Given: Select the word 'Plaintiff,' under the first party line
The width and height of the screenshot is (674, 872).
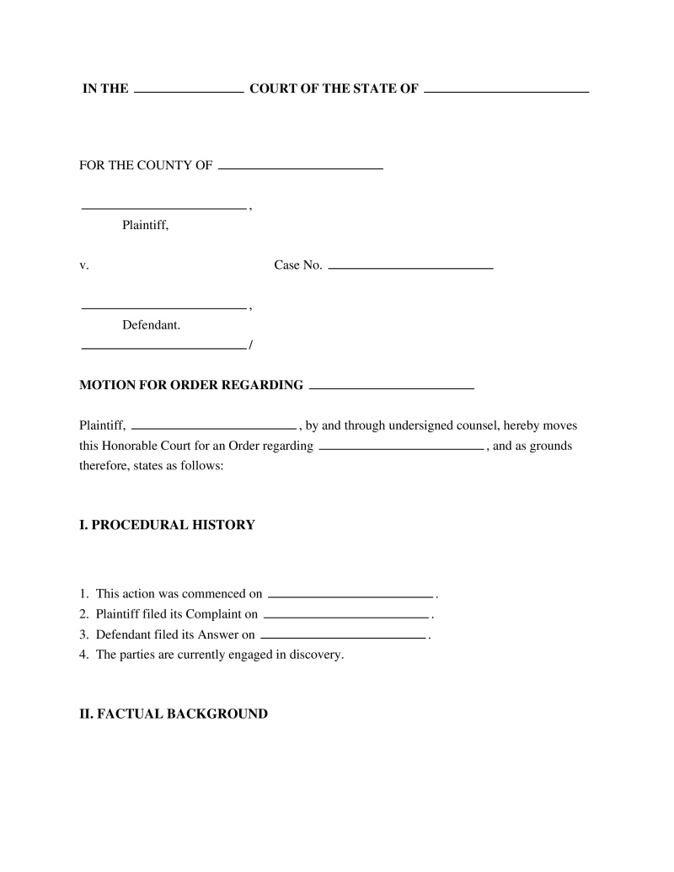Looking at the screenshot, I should point(146,225).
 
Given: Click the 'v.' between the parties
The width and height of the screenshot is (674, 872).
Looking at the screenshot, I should point(84,265).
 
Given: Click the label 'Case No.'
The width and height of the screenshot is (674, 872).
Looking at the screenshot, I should point(298,265).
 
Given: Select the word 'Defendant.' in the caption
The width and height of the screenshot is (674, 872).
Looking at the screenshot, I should point(151,324).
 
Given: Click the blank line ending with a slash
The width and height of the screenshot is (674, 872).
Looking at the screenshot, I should point(163,347).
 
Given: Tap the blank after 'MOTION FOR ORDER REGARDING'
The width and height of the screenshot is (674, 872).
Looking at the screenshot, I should point(392,388).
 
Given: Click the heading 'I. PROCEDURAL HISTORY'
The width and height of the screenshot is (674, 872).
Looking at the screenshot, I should point(167,525).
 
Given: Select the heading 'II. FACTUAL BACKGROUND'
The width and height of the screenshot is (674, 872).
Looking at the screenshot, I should point(174,714).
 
